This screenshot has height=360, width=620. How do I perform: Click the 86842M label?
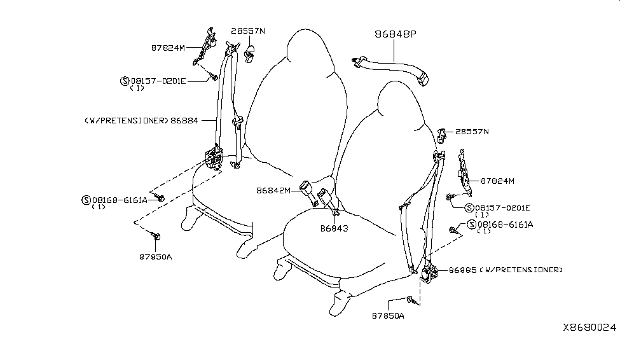click(x=273, y=190)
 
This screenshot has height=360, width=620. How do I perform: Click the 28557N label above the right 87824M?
click(x=472, y=132)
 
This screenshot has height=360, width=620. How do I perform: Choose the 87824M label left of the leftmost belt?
click(x=168, y=46)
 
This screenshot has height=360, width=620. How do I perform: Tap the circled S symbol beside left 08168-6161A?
click(x=86, y=200)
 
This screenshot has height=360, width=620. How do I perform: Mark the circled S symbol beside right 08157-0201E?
click(x=469, y=208)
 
